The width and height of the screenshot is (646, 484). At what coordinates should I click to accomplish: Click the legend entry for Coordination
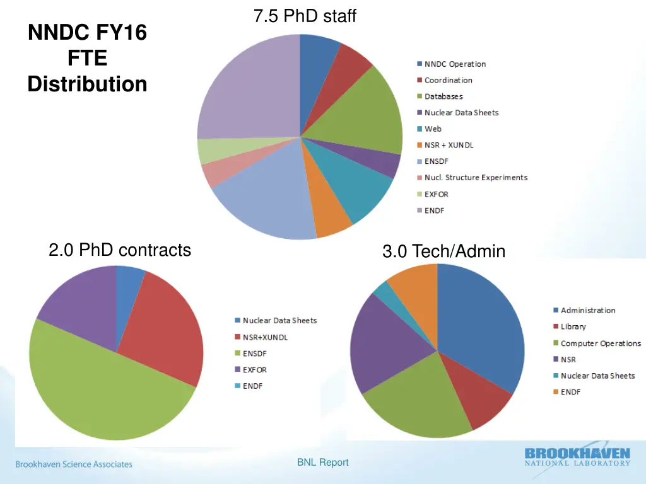click(x=448, y=80)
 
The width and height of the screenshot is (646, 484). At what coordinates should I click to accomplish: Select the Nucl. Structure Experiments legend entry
click(x=476, y=178)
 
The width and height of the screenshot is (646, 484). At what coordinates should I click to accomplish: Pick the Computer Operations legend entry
click(x=600, y=343)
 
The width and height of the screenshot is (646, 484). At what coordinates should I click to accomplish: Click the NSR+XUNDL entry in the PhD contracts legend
click(x=265, y=337)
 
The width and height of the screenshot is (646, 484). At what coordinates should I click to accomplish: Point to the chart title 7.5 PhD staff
click(x=305, y=16)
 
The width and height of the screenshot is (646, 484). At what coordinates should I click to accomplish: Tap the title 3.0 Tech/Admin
click(x=443, y=251)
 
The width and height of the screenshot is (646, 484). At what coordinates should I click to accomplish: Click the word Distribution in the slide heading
click(x=87, y=84)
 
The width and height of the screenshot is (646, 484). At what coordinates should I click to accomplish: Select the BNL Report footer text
click(x=322, y=463)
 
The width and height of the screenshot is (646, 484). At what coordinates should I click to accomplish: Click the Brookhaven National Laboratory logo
click(x=577, y=457)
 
